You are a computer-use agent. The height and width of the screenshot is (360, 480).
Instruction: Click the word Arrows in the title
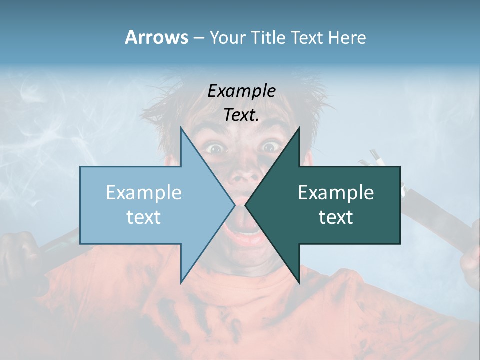pyautogui.click(x=156, y=37)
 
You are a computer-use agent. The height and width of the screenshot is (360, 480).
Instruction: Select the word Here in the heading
pyautogui.click(x=347, y=38)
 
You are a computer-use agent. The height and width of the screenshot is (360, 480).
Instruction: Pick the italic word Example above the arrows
pyautogui.click(x=242, y=91)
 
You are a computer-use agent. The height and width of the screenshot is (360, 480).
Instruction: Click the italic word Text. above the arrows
pyautogui.click(x=242, y=115)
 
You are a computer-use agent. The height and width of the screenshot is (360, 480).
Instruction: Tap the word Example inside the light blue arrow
pyautogui.click(x=144, y=192)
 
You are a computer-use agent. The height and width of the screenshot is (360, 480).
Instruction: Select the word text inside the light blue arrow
pyautogui.click(x=144, y=217)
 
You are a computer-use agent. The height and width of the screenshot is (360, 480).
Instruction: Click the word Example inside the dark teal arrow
pyautogui.click(x=336, y=192)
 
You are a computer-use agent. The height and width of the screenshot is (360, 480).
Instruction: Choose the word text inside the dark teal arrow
pyautogui.click(x=336, y=217)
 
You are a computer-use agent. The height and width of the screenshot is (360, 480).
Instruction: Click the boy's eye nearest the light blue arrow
pyautogui.click(x=216, y=148)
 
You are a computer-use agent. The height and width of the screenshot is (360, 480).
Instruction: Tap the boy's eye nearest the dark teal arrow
pyautogui.click(x=270, y=146)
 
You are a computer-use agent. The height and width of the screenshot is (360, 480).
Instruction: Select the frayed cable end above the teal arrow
pyautogui.click(x=375, y=160)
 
